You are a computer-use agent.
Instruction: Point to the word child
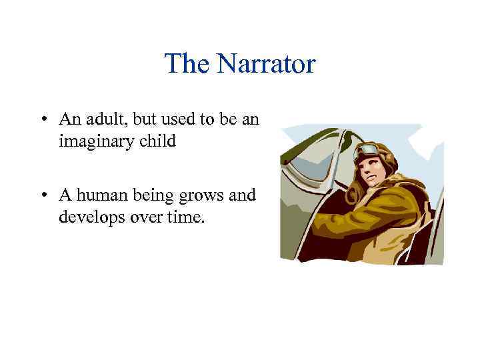pyautogui.click(x=159, y=141)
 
